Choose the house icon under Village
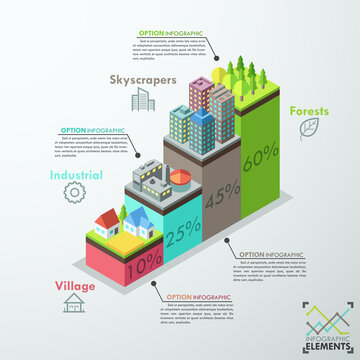coord(72,303)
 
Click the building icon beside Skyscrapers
coord(143,97)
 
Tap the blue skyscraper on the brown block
coord(202,128)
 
